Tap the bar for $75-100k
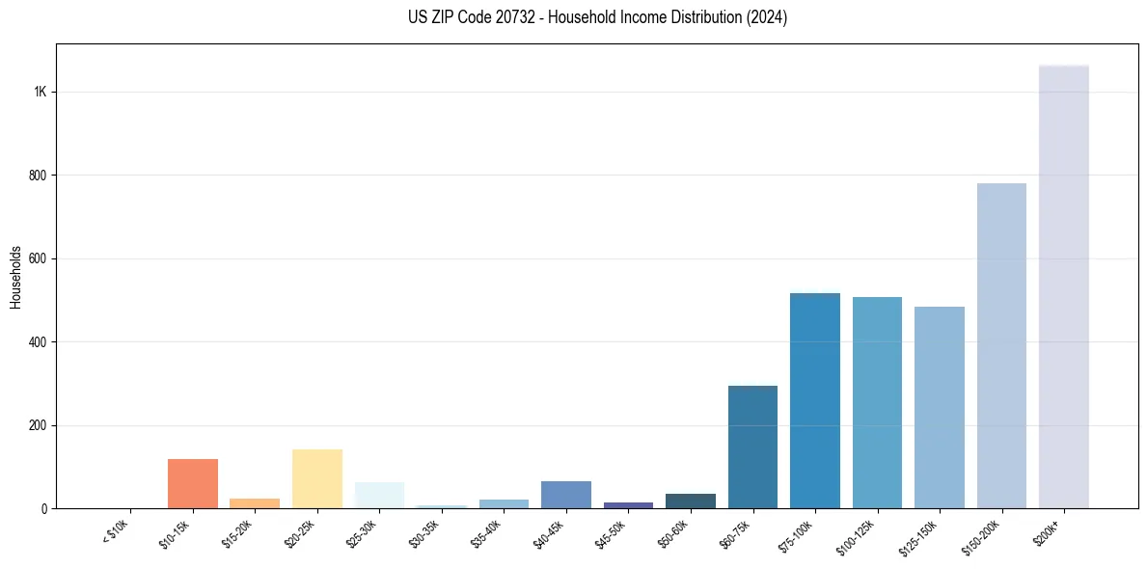click(x=814, y=400)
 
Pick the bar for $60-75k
click(x=752, y=447)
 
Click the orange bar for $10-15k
click(x=193, y=483)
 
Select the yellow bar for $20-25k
click(x=317, y=478)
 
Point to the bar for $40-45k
click(x=566, y=494)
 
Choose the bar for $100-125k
click(x=877, y=402)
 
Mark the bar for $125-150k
click(x=939, y=407)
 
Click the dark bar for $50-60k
click(x=691, y=501)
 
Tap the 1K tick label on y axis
click(x=41, y=92)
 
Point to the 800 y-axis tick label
click(x=38, y=176)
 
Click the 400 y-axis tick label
click(x=38, y=342)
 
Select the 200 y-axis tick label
click(x=38, y=425)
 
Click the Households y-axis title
click(x=15, y=277)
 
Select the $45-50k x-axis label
click(x=611, y=532)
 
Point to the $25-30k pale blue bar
click(x=379, y=495)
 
